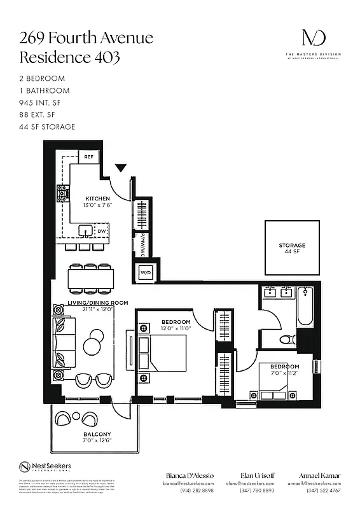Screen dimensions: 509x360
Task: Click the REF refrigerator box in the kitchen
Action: click(88, 157)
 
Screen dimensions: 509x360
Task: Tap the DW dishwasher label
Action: click(102, 232)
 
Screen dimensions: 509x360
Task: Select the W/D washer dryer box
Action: click(145, 272)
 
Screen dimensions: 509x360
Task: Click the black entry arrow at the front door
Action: click(121, 169)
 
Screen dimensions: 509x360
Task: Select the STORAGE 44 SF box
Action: click(292, 248)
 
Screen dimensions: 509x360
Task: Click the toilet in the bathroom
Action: click(288, 340)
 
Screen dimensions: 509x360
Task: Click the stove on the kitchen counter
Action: click(63, 193)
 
